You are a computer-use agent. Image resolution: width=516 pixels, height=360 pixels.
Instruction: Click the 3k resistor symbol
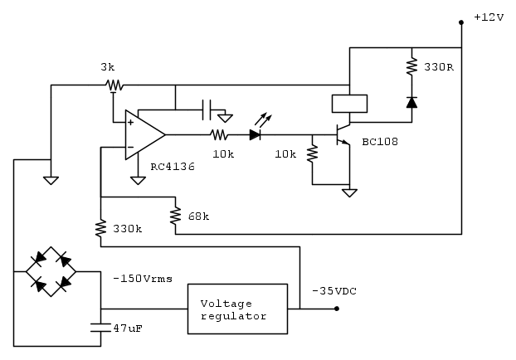[x=113, y=85]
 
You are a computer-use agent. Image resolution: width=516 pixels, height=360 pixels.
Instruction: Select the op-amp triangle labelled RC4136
[x=144, y=134]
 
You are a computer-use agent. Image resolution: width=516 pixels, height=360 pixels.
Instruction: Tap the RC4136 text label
[x=172, y=166]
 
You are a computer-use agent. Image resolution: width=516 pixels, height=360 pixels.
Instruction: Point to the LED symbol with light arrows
[x=256, y=134]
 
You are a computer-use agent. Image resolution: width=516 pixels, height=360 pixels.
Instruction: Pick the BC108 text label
[x=379, y=142]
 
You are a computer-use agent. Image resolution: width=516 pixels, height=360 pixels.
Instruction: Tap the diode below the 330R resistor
[x=411, y=103]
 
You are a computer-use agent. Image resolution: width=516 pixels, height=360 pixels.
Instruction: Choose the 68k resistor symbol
[x=176, y=216]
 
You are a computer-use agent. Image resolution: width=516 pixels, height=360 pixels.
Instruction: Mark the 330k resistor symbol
[x=100, y=227]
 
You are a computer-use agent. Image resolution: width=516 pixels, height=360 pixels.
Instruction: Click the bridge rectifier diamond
[x=51, y=270]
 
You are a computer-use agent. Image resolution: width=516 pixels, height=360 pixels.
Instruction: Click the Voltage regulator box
[x=237, y=309]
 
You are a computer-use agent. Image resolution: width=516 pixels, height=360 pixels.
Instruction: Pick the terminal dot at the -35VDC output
[x=337, y=309]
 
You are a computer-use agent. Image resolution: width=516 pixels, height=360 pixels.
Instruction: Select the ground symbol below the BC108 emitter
[x=349, y=193]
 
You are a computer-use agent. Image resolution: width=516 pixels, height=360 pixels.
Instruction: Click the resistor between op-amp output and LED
[x=219, y=134]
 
